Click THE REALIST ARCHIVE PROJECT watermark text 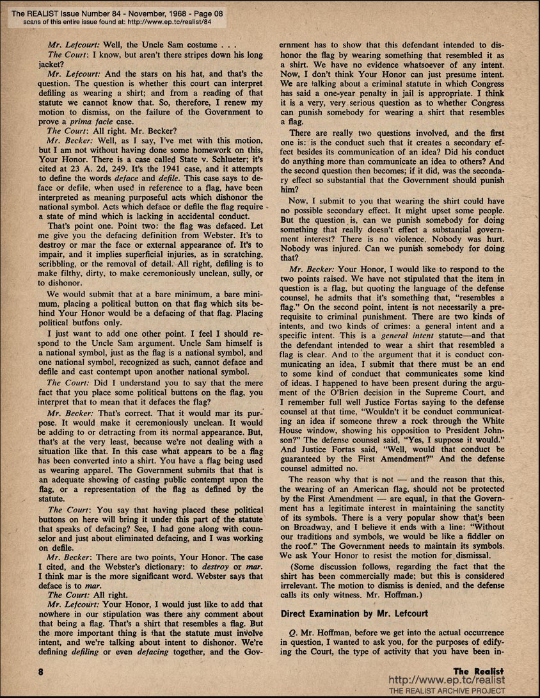click(x=447, y=690)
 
